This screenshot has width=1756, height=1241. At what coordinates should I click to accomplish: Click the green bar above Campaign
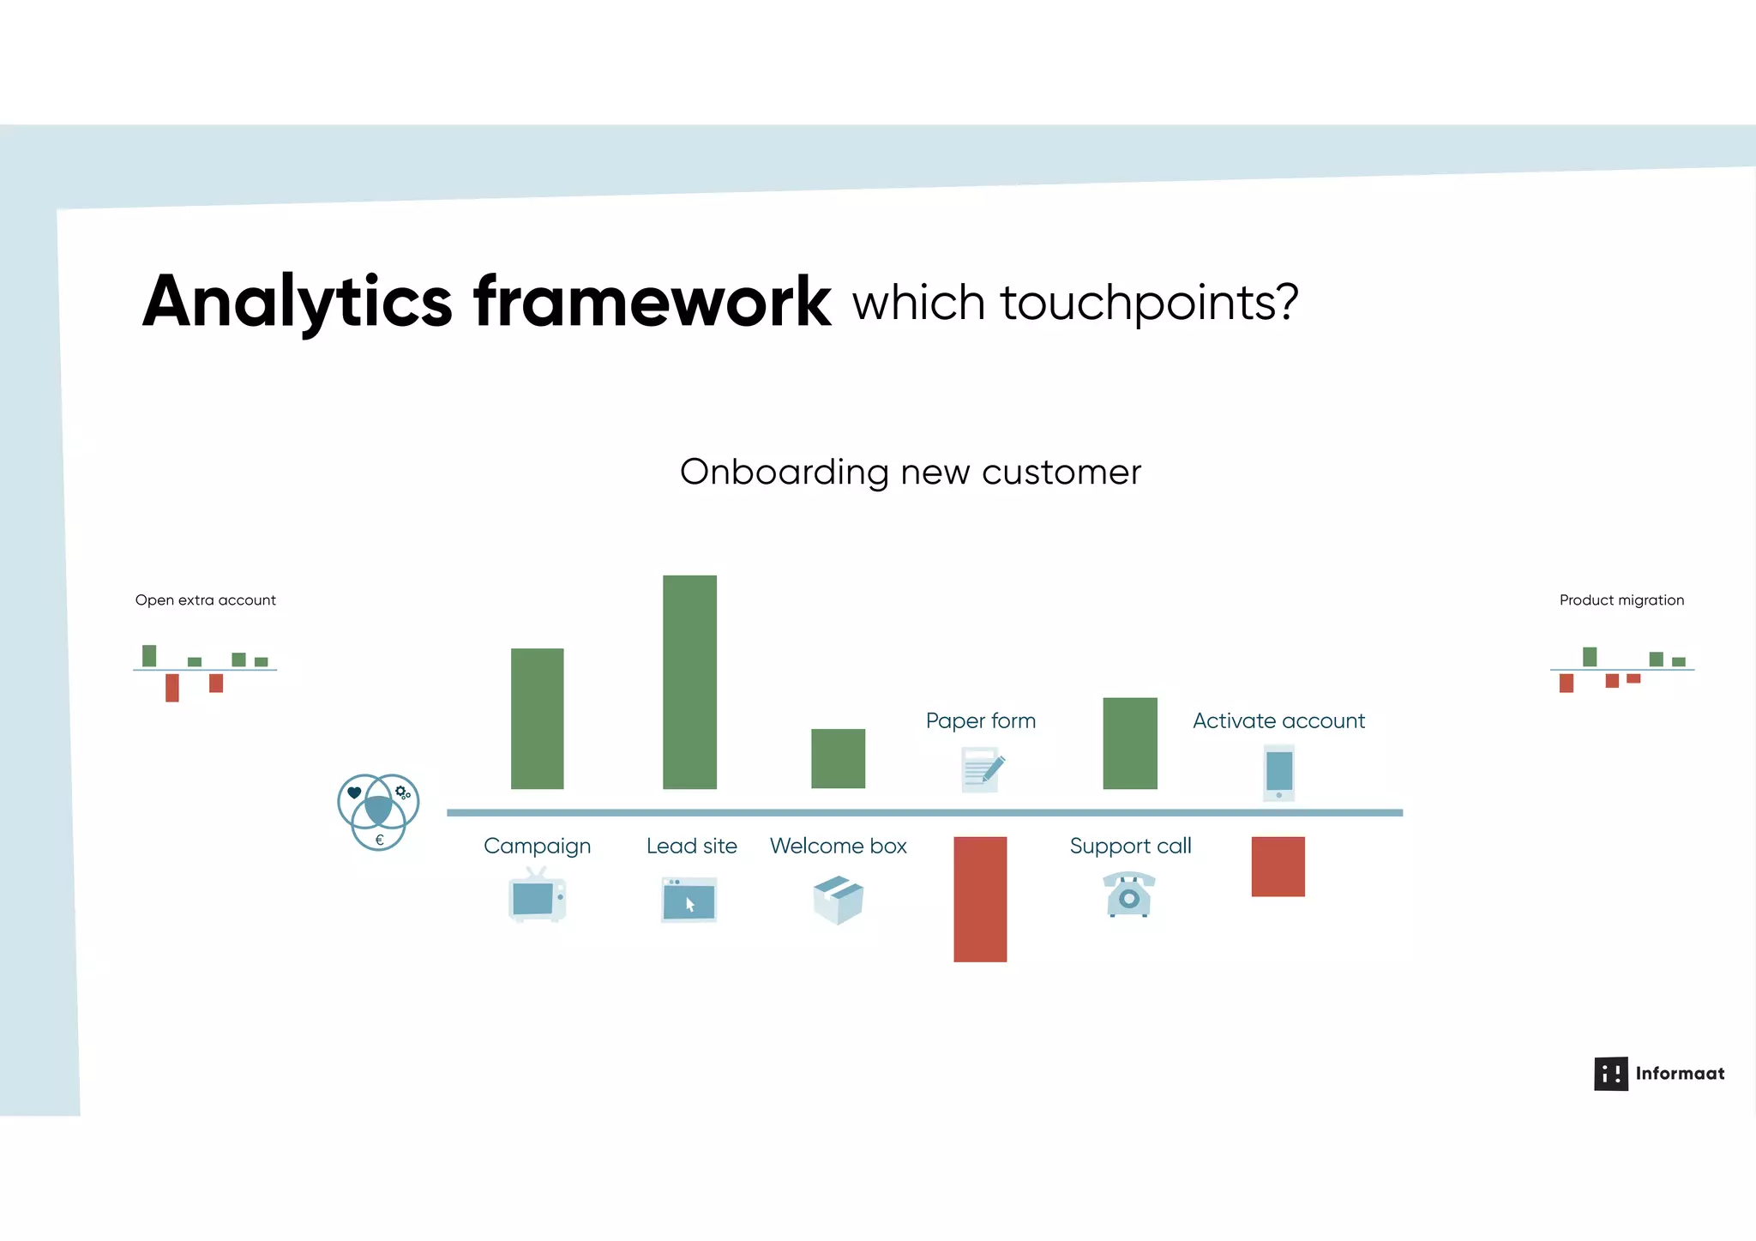(537, 719)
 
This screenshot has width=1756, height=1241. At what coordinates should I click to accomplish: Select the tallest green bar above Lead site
(689, 682)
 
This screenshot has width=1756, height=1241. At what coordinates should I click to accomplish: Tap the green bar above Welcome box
(838, 758)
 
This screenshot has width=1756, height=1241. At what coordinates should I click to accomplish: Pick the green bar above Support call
(1129, 743)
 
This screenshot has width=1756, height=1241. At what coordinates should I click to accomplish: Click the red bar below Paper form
(980, 899)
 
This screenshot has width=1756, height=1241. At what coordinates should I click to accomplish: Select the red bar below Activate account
(1278, 866)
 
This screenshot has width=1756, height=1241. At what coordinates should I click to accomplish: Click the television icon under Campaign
(537, 896)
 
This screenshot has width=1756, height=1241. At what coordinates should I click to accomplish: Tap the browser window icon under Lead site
(689, 900)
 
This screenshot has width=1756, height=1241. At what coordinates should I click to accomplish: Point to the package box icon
(838, 900)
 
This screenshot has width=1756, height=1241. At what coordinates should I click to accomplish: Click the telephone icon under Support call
(1129, 895)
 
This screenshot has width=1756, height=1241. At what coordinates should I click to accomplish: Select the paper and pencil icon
(982, 769)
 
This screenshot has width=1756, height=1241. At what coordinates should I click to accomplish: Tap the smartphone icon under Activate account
(1278, 772)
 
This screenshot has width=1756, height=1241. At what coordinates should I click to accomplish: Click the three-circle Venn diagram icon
(378, 811)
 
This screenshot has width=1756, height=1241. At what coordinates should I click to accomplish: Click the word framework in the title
(652, 302)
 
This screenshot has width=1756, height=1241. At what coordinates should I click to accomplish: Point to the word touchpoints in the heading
(1149, 303)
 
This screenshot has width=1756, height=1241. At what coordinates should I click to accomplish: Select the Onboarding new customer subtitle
(911, 472)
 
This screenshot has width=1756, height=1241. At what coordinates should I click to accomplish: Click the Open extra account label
(205, 600)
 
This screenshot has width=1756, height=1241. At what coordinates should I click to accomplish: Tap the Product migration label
(1621, 600)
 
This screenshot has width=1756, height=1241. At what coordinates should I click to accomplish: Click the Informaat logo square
(1610, 1073)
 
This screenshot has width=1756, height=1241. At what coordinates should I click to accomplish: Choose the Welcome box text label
(838, 846)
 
